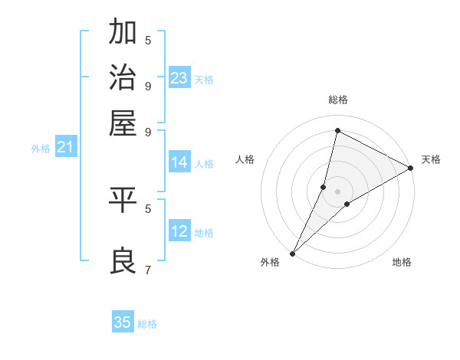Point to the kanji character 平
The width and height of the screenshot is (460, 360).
(x=123, y=201)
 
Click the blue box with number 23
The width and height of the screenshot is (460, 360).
(x=179, y=78)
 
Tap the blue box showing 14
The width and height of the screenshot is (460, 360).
(x=179, y=162)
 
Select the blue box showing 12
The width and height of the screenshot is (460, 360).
(x=179, y=231)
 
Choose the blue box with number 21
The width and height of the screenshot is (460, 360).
(x=65, y=147)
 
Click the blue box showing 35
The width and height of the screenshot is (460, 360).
(x=123, y=322)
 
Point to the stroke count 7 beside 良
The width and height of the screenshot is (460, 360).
(x=148, y=270)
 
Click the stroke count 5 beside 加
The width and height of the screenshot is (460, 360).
(x=148, y=40)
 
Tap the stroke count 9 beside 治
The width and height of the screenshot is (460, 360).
(x=148, y=85)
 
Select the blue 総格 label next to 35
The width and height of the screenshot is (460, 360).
(x=147, y=324)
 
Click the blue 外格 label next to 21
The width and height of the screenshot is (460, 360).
(x=41, y=149)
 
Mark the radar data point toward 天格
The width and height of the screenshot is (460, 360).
(x=411, y=169)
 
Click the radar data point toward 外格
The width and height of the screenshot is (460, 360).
(x=292, y=254)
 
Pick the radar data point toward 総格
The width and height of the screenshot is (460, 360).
(x=337, y=130)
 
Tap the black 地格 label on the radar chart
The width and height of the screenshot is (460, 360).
(x=402, y=263)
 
